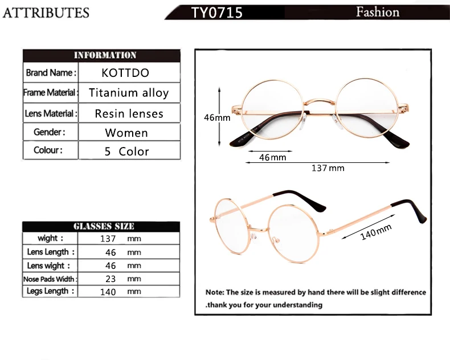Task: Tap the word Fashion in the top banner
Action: point(377,12)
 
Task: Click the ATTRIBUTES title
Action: point(46,13)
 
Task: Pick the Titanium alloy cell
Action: point(129,93)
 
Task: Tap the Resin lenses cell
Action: point(129,113)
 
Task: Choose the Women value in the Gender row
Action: point(126,133)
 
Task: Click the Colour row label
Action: point(48,150)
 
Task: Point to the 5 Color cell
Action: point(126,152)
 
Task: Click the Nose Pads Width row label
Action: point(50,279)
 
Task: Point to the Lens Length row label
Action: point(50,252)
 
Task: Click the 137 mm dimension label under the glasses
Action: point(328,168)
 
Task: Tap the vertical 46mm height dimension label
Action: point(217,118)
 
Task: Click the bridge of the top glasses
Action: point(317,101)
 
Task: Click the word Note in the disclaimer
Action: point(215,292)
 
